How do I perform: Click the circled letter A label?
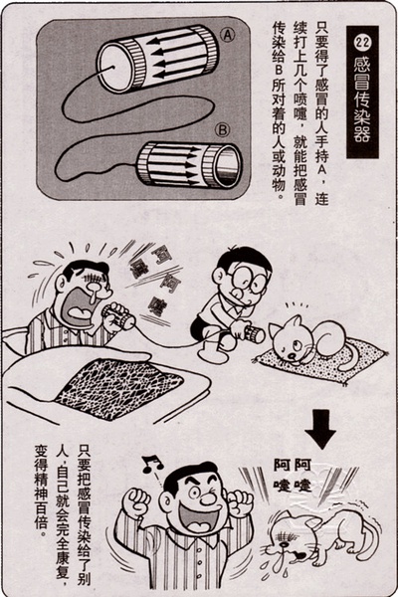click(x=228, y=35)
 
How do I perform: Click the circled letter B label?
click(x=223, y=130)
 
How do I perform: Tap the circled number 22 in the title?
click(x=362, y=42)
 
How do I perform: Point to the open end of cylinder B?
click(x=229, y=165)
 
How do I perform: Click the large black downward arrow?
click(x=320, y=429)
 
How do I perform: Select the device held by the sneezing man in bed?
click(x=118, y=316)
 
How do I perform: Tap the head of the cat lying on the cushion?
click(x=292, y=339)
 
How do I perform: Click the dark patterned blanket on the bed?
click(x=118, y=388)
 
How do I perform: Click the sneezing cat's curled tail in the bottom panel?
click(x=372, y=537)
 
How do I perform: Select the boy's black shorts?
click(x=200, y=328)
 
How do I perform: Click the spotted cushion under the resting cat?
click(x=320, y=362)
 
